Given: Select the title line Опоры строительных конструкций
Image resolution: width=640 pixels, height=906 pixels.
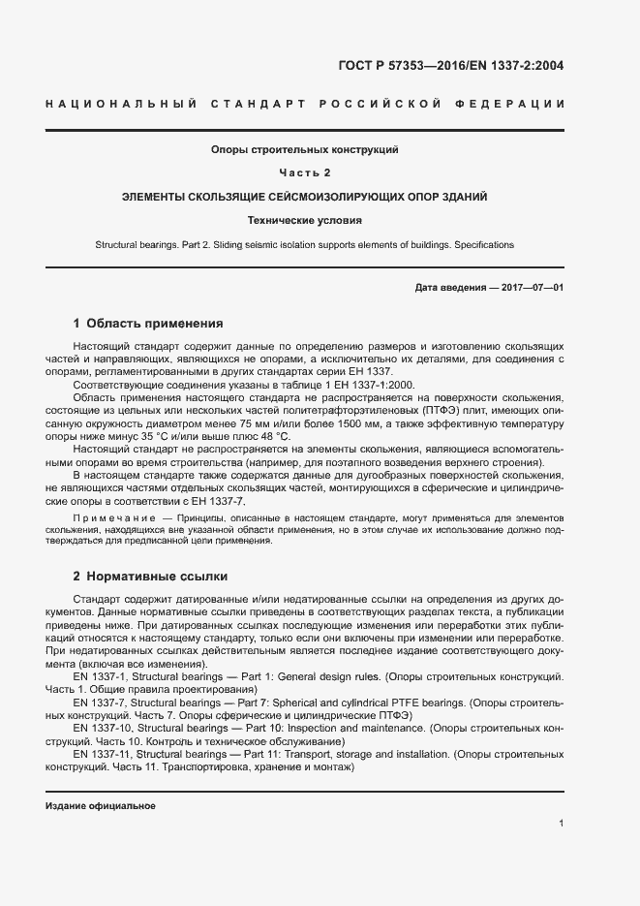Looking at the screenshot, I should (x=305, y=149).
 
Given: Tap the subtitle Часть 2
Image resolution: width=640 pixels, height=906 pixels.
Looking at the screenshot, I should (x=305, y=172).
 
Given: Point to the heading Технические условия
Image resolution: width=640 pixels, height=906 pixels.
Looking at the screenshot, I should (x=305, y=220).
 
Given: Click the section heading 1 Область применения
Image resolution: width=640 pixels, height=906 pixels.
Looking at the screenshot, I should (x=148, y=324).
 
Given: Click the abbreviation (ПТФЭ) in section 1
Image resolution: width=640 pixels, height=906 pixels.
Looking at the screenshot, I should (x=453, y=411).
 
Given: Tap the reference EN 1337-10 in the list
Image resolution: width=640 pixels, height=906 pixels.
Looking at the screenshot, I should (x=101, y=727).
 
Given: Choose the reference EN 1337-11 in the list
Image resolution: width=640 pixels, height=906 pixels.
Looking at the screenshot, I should (x=102, y=753).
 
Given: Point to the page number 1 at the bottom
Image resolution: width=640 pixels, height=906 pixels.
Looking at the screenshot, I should (x=562, y=824).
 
